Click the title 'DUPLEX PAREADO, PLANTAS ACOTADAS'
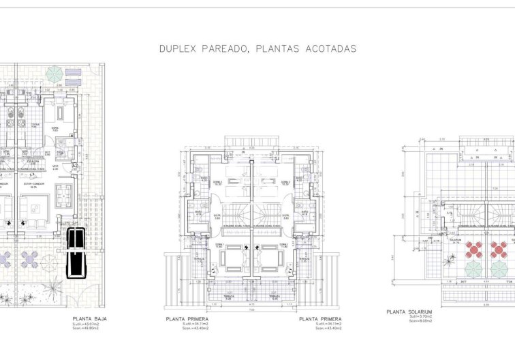click(257, 49)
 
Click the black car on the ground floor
click(76, 253)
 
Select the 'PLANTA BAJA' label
click(90, 318)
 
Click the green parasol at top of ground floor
click(54, 74)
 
